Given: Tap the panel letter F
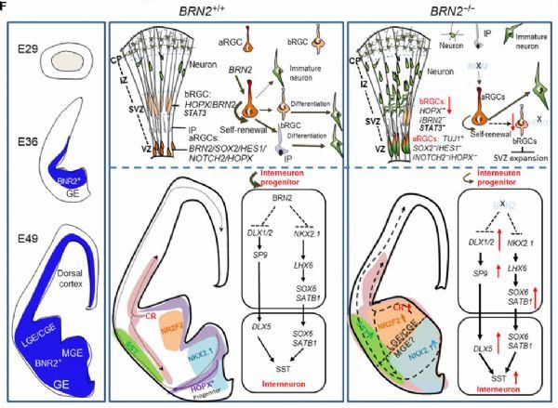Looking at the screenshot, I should pyautogui.click(x=5, y=5).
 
